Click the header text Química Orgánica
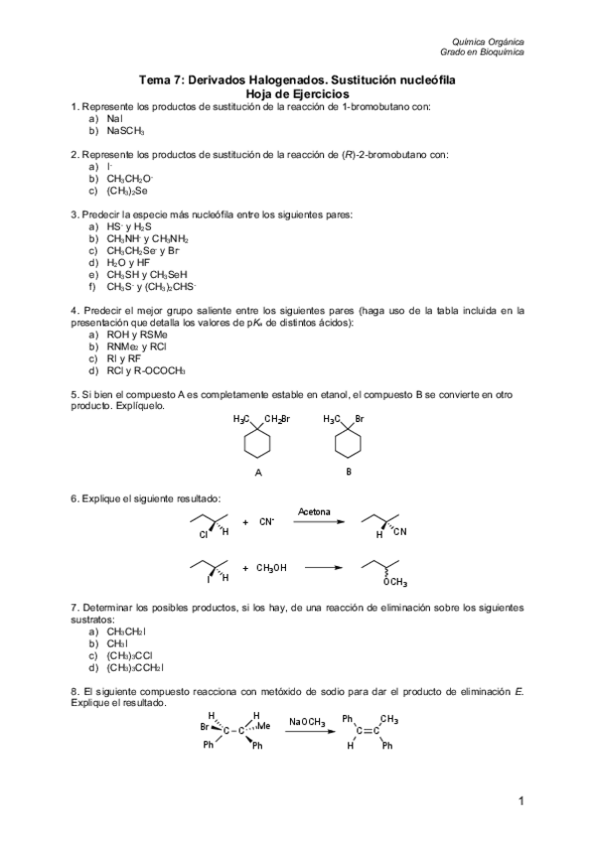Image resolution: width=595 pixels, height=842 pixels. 491,42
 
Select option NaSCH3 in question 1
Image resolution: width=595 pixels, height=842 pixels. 125,130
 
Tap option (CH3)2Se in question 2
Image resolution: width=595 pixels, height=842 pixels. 127,190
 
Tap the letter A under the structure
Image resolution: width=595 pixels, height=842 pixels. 257,473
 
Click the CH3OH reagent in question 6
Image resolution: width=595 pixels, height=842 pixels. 271,568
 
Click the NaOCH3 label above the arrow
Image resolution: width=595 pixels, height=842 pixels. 308,722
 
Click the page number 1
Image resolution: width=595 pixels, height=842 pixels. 520,799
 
